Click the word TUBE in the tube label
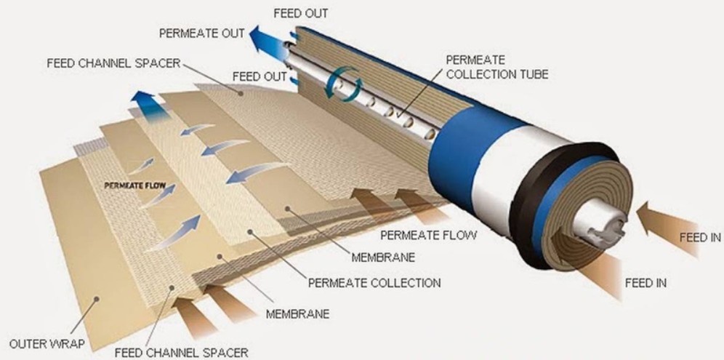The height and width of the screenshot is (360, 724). point(533,73)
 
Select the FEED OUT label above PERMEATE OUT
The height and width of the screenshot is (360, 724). point(300,13)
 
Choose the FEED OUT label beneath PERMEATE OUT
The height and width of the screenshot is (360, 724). point(260,76)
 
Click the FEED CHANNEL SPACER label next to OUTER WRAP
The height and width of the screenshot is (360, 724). point(181,352)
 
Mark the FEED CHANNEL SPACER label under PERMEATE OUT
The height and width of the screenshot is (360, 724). point(113,63)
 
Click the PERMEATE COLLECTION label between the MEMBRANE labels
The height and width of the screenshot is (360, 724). point(374,281)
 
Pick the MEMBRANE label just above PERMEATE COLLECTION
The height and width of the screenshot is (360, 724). point(382,257)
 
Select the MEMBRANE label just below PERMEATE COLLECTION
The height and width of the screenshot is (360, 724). point(297,314)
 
